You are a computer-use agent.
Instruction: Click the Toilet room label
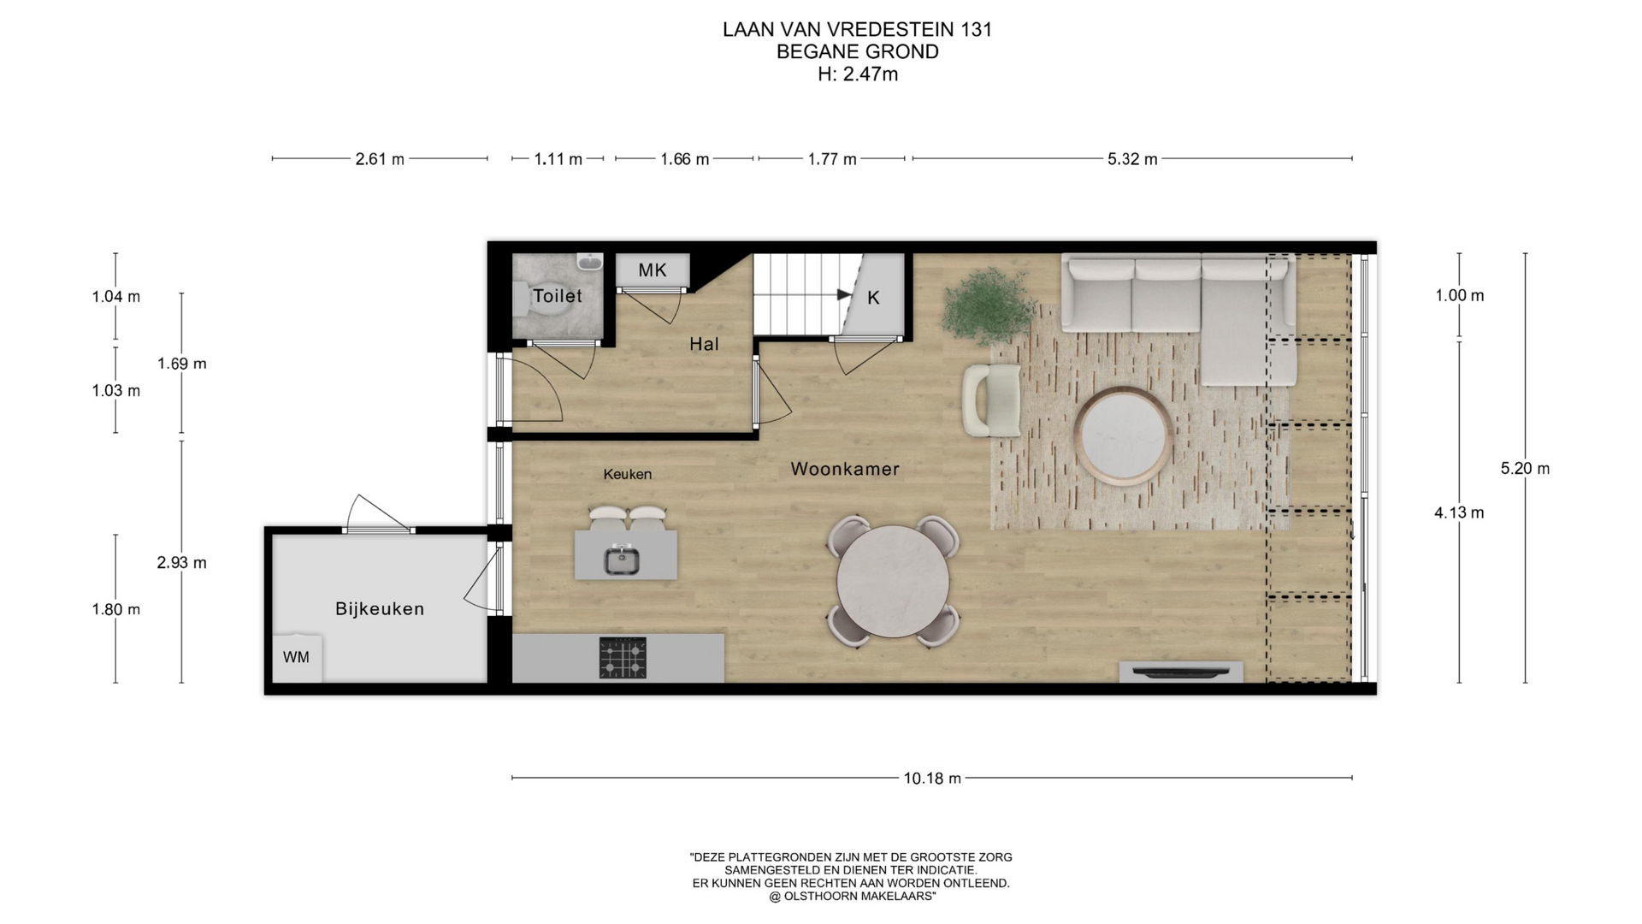pyautogui.click(x=557, y=296)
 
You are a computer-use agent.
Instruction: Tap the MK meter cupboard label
pyautogui.click(x=653, y=270)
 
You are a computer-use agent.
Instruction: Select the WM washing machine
pyautogui.click(x=297, y=658)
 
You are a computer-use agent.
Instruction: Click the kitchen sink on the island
pyautogui.click(x=622, y=560)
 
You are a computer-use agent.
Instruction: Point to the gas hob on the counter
pyautogui.click(x=623, y=658)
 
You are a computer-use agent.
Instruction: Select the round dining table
pyautogui.click(x=893, y=583)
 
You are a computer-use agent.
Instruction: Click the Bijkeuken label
pyautogui.click(x=380, y=609)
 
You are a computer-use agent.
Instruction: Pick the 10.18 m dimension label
pyautogui.click(x=932, y=779)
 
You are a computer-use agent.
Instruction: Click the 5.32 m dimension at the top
pyautogui.click(x=1132, y=159)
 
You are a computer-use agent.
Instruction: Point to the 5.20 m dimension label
pyautogui.click(x=1525, y=469)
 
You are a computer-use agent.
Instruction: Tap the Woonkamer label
pyautogui.click(x=845, y=469)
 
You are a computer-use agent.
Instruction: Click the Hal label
pyautogui.click(x=704, y=344)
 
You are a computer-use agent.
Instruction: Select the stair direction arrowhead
pyautogui.click(x=845, y=295)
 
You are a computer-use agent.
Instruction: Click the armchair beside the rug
pyautogui.click(x=991, y=400)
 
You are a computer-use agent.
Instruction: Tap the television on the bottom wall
pyautogui.click(x=1181, y=672)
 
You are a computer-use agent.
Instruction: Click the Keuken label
pyautogui.click(x=627, y=474)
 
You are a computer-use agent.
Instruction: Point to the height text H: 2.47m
pyautogui.click(x=858, y=74)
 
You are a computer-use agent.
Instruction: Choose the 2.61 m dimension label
pyautogui.click(x=380, y=159)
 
